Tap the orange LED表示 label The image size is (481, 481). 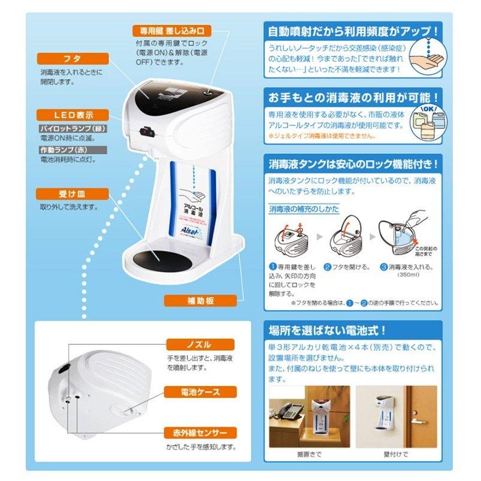(x=71, y=114)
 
